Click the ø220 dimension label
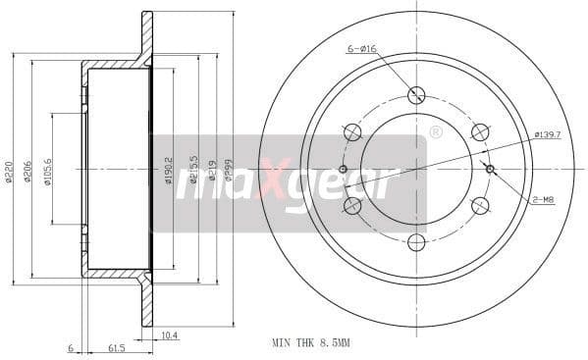[x=9, y=172]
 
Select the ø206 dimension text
[x=27, y=172]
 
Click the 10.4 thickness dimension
[x=168, y=335]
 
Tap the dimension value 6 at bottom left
[x=71, y=347]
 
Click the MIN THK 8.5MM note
[x=310, y=343]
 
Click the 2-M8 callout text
[x=543, y=199]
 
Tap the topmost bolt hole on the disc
[x=416, y=95]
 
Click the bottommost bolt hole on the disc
[x=416, y=242]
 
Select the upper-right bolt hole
[x=480, y=131]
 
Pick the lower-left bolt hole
[x=352, y=205]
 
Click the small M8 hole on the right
[x=490, y=169]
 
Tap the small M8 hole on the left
[x=343, y=169]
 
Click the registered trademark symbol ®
[x=435, y=130]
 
